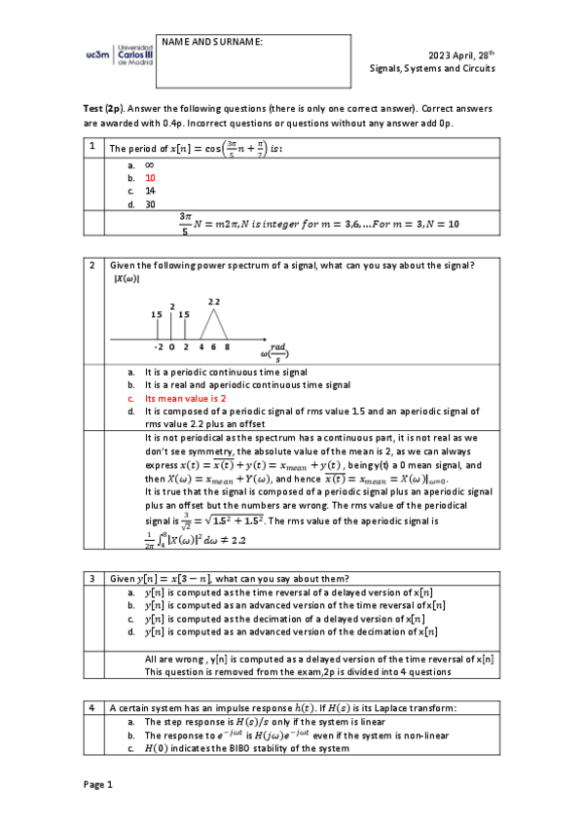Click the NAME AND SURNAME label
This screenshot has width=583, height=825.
(212, 42)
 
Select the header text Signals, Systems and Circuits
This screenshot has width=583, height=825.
(432, 69)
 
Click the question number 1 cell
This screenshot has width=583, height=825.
(91, 148)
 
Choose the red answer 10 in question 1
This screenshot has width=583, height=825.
(150, 178)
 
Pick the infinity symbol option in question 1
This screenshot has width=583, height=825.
(150, 165)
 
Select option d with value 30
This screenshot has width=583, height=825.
(150, 204)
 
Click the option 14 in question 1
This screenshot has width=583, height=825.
(150, 192)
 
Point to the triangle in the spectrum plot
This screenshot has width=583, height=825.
(214, 326)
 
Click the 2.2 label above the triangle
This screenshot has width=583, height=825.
(214, 303)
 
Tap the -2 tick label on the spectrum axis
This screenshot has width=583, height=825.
(158, 346)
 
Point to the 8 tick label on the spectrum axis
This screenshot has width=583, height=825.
(227, 346)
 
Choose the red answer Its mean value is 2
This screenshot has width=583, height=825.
(185, 399)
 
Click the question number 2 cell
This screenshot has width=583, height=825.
(91, 266)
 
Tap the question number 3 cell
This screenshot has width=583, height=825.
(91, 579)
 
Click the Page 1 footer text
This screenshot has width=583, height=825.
(98, 784)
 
